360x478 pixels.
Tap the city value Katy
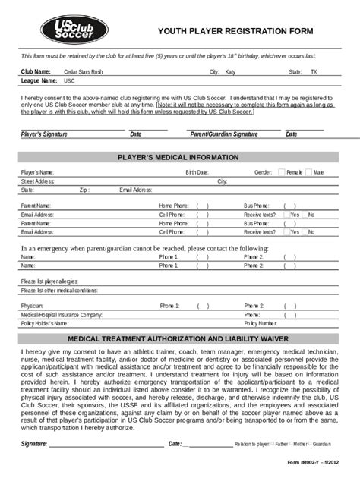(230, 71)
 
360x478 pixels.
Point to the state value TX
(314, 71)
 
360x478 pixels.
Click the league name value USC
(69, 80)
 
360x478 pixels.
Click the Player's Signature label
(44, 134)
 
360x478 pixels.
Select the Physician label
(33, 306)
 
